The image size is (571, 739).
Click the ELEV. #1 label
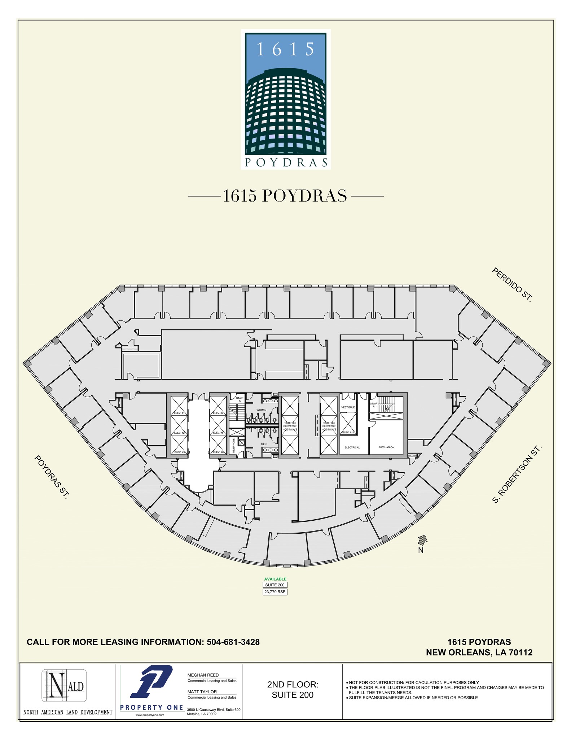(179, 413)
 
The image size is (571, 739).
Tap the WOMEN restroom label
(261, 410)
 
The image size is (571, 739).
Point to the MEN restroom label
(264, 444)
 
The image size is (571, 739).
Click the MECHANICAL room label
(387, 447)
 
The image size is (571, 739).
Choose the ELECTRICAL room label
(352, 447)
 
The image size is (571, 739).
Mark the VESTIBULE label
(348, 407)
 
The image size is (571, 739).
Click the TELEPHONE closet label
(234, 446)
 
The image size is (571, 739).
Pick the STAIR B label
(240, 399)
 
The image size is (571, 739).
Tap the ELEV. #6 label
(218, 452)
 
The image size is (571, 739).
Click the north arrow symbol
(422, 540)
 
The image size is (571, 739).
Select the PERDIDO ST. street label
(512, 285)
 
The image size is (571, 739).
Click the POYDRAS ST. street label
(51, 477)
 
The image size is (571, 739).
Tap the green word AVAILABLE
(275, 579)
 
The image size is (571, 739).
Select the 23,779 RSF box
(275, 592)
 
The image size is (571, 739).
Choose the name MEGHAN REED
(203, 675)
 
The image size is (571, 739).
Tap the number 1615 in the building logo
(285, 49)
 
